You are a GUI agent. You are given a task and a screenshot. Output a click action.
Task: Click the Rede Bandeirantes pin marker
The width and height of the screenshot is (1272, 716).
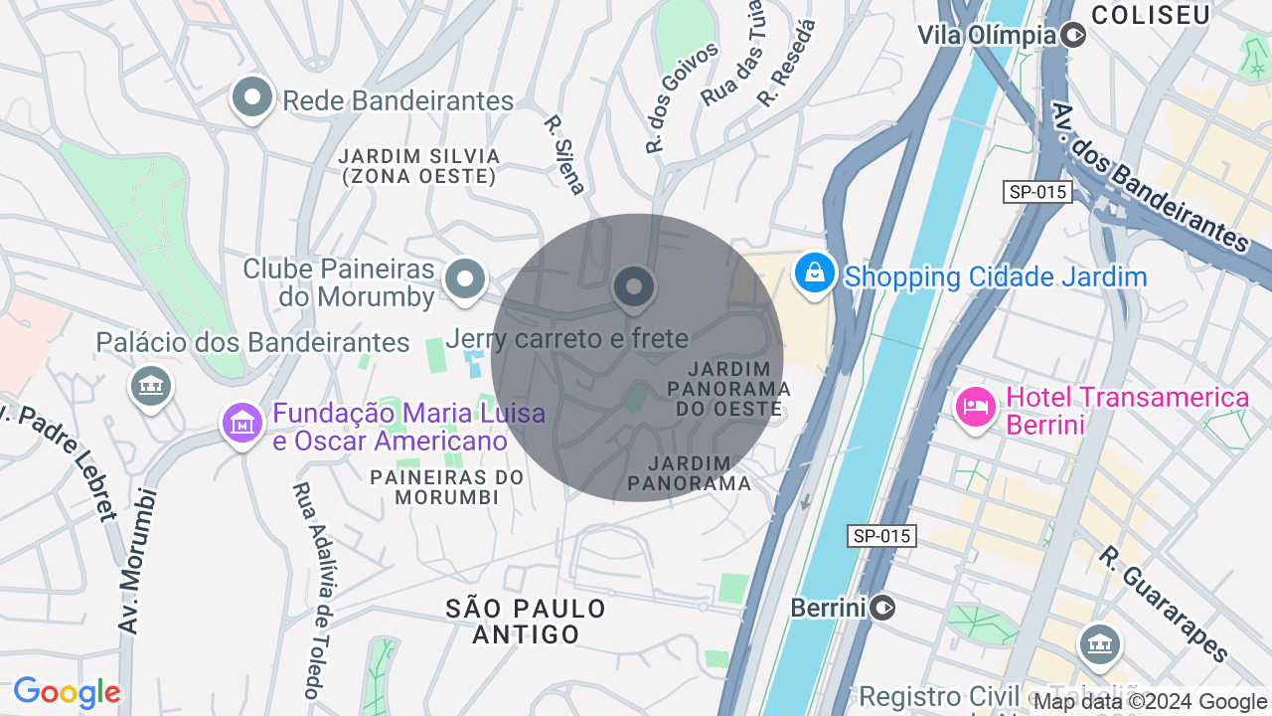252,98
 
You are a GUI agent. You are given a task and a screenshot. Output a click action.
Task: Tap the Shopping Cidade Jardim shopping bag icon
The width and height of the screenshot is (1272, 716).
814,271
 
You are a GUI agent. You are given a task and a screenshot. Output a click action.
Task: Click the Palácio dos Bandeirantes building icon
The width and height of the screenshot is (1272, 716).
150,385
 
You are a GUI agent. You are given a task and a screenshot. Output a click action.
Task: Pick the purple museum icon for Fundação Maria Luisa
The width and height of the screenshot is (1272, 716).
241,425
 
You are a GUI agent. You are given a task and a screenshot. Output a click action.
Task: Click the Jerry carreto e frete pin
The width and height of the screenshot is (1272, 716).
634,288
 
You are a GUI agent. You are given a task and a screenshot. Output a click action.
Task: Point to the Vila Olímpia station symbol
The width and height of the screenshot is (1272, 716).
1073,36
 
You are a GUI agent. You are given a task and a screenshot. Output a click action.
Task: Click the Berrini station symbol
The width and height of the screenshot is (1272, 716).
882,607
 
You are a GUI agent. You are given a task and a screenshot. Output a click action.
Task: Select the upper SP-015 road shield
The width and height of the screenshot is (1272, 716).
1037,192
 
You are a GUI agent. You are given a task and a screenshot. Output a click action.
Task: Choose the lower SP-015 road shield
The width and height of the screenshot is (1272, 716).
881,536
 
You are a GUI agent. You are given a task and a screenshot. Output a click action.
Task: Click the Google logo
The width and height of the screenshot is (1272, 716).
68,692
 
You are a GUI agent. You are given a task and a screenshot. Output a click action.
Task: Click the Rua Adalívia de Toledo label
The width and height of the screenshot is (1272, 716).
310,590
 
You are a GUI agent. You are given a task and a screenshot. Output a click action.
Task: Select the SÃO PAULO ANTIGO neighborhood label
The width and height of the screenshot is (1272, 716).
526,621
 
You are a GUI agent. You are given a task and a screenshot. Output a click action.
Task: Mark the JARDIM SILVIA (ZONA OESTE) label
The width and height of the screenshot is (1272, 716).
418,166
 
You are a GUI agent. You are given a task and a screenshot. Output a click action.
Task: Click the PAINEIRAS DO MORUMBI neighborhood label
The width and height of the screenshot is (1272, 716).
446,486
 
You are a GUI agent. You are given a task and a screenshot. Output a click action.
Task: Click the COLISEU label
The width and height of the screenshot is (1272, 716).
1150,14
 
